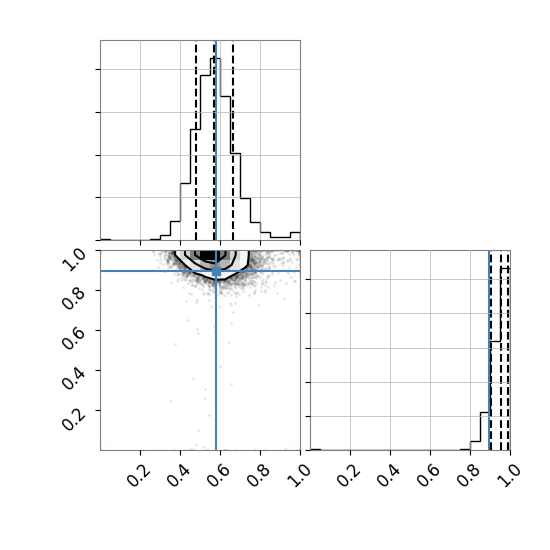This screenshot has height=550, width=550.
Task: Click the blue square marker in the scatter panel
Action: (216, 271)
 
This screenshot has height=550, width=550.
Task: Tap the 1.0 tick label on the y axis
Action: (73, 260)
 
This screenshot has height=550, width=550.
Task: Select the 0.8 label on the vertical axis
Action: (73, 298)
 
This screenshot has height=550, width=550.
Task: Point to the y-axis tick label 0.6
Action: (73, 338)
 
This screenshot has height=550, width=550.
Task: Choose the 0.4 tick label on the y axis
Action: (73, 378)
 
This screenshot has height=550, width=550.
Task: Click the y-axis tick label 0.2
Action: (73, 418)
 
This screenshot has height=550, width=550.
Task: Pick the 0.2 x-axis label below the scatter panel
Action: (138, 475)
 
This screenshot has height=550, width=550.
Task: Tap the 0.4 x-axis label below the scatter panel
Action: (178, 475)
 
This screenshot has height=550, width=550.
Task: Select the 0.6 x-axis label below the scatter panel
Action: (218, 475)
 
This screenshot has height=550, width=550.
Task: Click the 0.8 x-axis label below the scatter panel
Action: (258, 475)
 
